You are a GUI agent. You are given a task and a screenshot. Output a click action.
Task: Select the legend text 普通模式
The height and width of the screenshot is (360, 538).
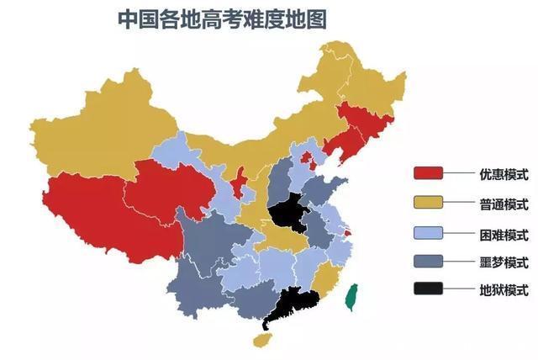[498, 204]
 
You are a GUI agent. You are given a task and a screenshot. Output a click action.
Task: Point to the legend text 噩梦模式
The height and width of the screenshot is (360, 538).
[498, 262]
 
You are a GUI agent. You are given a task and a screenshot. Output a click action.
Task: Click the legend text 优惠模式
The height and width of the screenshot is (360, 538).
[498, 174]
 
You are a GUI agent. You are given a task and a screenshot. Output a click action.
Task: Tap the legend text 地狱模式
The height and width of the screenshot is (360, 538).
[498, 291]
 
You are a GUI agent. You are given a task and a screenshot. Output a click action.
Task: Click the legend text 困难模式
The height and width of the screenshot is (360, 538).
[498, 233]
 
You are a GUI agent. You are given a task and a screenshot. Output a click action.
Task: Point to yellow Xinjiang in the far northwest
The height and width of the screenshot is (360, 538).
[101, 126]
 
